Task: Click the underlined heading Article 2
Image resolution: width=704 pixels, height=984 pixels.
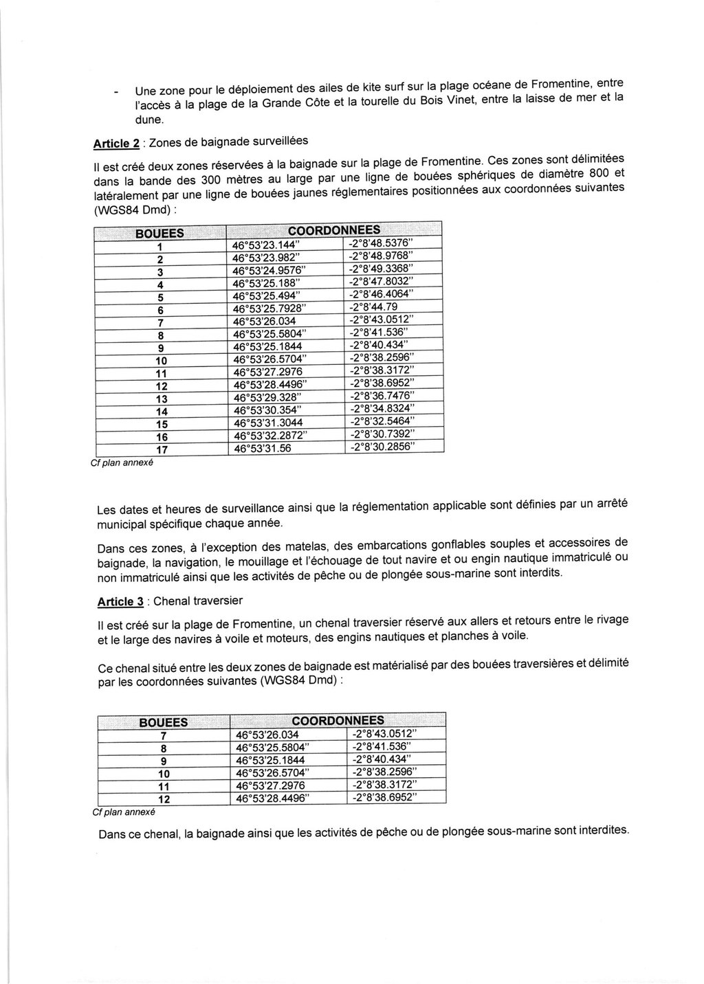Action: [112, 144]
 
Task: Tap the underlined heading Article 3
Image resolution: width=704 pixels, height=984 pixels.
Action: [120, 602]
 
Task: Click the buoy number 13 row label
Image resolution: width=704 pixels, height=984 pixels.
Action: [162, 399]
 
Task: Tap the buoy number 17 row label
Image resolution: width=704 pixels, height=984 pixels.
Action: [162, 450]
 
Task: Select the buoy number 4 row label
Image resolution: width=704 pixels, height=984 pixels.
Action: [159, 284]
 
